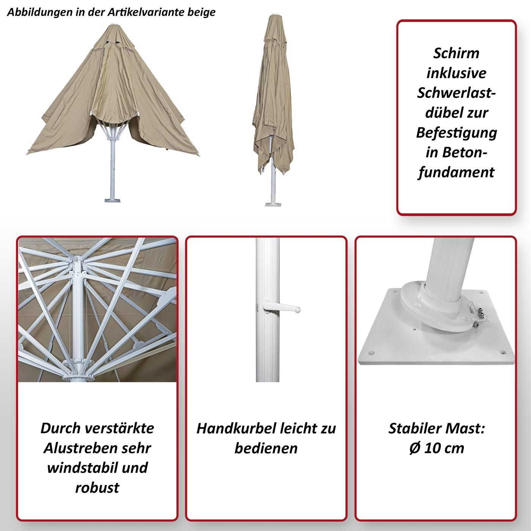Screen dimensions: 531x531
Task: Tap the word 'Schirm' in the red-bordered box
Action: tap(456, 53)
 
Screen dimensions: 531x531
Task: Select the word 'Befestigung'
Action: tap(456, 133)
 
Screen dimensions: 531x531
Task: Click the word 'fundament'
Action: tap(456, 173)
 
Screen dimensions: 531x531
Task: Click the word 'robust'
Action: tap(97, 488)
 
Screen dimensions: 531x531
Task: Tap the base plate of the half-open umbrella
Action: tap(113, 199)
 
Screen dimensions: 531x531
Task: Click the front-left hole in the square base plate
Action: tap(371, 353)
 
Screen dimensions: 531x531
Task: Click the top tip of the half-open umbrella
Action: tap(113, 25)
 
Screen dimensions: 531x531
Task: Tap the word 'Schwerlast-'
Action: tap(456, 93)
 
